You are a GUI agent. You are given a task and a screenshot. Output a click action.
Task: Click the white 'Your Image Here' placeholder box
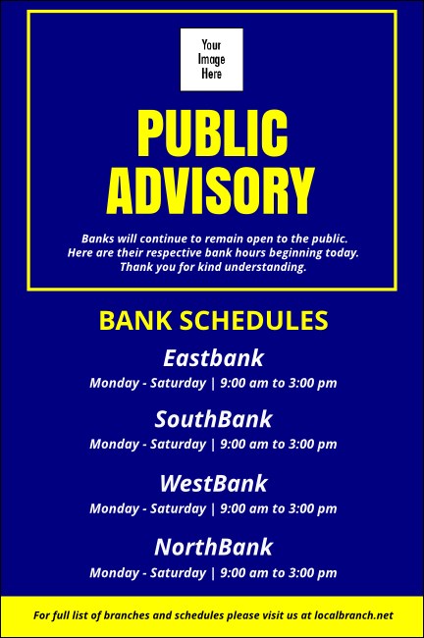click(211, 60)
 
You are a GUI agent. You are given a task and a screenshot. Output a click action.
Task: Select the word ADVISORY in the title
click(212, 190)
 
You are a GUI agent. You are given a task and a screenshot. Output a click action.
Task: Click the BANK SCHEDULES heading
click(213, 321)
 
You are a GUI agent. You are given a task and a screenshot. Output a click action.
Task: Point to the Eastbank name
click(213, 358)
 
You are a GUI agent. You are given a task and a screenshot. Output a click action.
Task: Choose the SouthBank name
click(213, 420)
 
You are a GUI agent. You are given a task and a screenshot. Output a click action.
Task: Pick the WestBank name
click(213, 484)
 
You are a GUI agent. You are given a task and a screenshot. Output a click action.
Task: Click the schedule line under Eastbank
click(213, 383)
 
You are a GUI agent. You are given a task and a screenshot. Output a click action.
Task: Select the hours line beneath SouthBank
click(213, 445)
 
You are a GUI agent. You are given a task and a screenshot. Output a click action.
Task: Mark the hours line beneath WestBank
click(213, 508)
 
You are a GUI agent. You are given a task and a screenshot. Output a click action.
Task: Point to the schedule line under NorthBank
click(213, 572)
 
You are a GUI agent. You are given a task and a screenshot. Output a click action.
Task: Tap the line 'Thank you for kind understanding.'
click(213, 267)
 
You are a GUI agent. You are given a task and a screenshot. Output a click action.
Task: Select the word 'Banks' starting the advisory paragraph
click(97, 239)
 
